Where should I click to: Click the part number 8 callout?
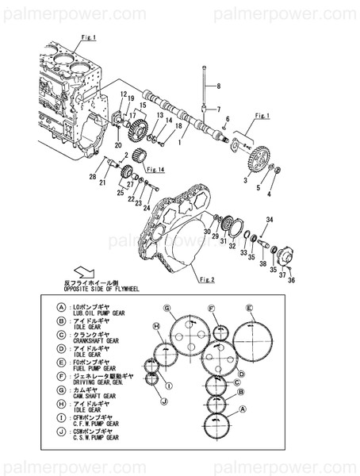pos(218,86)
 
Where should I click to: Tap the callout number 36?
pos(291,279)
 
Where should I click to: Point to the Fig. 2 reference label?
pos(208,279)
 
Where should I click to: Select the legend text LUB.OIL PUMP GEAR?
pos(98,313)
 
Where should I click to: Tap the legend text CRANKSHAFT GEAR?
pos(96,340)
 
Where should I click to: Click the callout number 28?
pos(93,176)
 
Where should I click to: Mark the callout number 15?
pos(143,105)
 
